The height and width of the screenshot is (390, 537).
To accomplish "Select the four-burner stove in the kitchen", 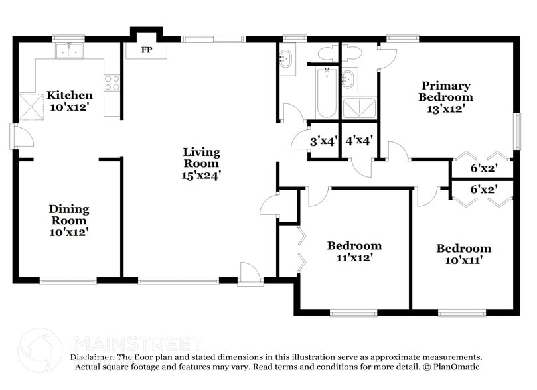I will [x=112, y=82].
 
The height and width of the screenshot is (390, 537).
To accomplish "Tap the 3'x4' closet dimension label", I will [x=324, y=141].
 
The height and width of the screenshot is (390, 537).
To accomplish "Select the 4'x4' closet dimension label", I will [x=358, y=141].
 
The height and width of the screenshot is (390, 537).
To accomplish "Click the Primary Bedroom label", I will [x=445, y=97].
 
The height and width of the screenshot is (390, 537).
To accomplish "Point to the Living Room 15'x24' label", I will [x=201, y=164].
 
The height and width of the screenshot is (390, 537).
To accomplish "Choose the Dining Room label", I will [x=68, y=220].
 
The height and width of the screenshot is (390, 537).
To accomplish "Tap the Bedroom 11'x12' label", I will [x=354, y=251].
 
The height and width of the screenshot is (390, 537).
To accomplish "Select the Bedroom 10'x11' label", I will [x=463, y=254].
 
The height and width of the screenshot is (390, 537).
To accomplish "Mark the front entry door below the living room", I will [x=250, y=274].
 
